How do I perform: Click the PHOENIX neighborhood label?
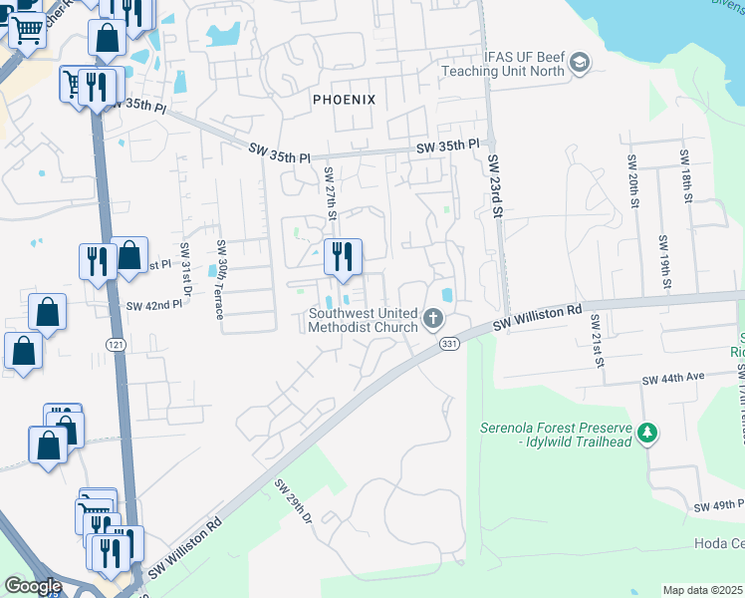344,100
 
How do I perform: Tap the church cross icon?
432,319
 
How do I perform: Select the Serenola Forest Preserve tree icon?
648,433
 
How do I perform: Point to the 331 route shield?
448,343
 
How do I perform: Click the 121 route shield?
117,343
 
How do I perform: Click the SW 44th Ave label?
673,380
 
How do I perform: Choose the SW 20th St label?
632,180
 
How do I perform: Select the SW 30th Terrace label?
221,280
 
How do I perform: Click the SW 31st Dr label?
185,269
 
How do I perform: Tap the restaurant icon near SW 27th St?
343,257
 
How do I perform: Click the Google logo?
32,586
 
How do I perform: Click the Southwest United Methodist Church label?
365,319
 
